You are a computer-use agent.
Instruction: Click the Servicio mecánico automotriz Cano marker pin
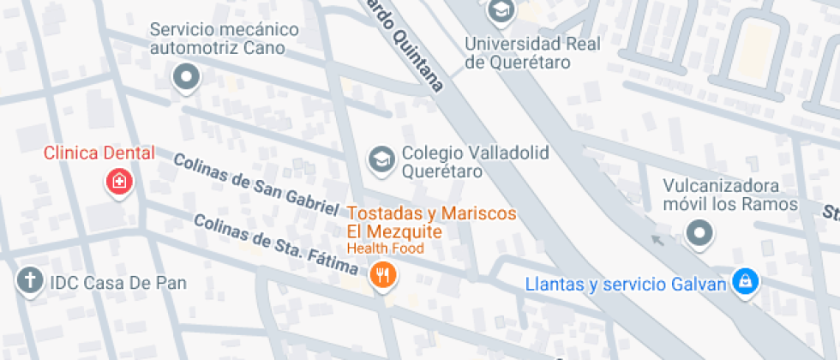coord(186,79)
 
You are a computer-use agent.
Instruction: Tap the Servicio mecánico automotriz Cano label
coord(225,39)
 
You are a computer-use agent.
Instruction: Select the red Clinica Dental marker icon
coord(119,182)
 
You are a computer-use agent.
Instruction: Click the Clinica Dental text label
coord(99,153)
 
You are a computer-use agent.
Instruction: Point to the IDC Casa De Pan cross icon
coord(30,280)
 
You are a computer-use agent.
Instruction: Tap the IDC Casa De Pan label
coord(117,282)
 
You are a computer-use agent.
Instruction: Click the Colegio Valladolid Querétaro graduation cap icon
coord(381,159)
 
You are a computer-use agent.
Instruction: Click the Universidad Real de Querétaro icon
coord(499,11)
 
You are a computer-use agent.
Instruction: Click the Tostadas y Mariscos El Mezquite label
coord(431,222)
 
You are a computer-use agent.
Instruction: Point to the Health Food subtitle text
coord(385,249)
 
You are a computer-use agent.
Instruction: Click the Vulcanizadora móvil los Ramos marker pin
coord(700,232)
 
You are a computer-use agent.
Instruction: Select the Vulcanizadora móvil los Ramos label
coord(729,195)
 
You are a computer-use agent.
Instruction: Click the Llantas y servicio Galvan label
coord(626,283)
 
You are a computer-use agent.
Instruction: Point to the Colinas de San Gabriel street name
coord(255,183)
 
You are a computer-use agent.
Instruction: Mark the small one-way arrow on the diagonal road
coord(657,240)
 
